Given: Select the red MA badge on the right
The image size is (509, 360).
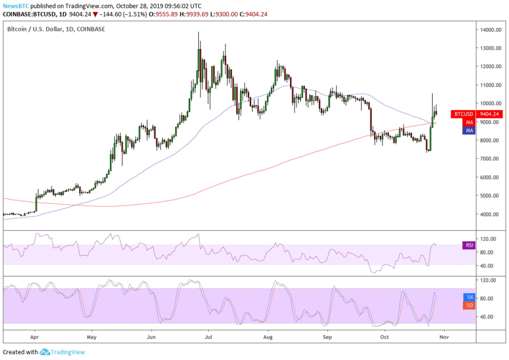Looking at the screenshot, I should [469, 122].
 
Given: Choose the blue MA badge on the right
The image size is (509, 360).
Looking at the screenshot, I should [469, 130].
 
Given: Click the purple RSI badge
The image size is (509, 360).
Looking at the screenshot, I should [469, 245].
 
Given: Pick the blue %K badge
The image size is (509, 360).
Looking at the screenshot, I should [469, 297].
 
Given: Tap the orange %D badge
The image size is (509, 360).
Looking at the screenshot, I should [469, 305].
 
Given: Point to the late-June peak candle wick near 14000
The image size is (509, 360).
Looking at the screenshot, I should [198, 34].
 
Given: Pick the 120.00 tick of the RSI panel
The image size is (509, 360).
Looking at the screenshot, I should [488, 239].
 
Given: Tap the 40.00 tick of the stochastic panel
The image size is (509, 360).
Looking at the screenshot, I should [487, 317].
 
